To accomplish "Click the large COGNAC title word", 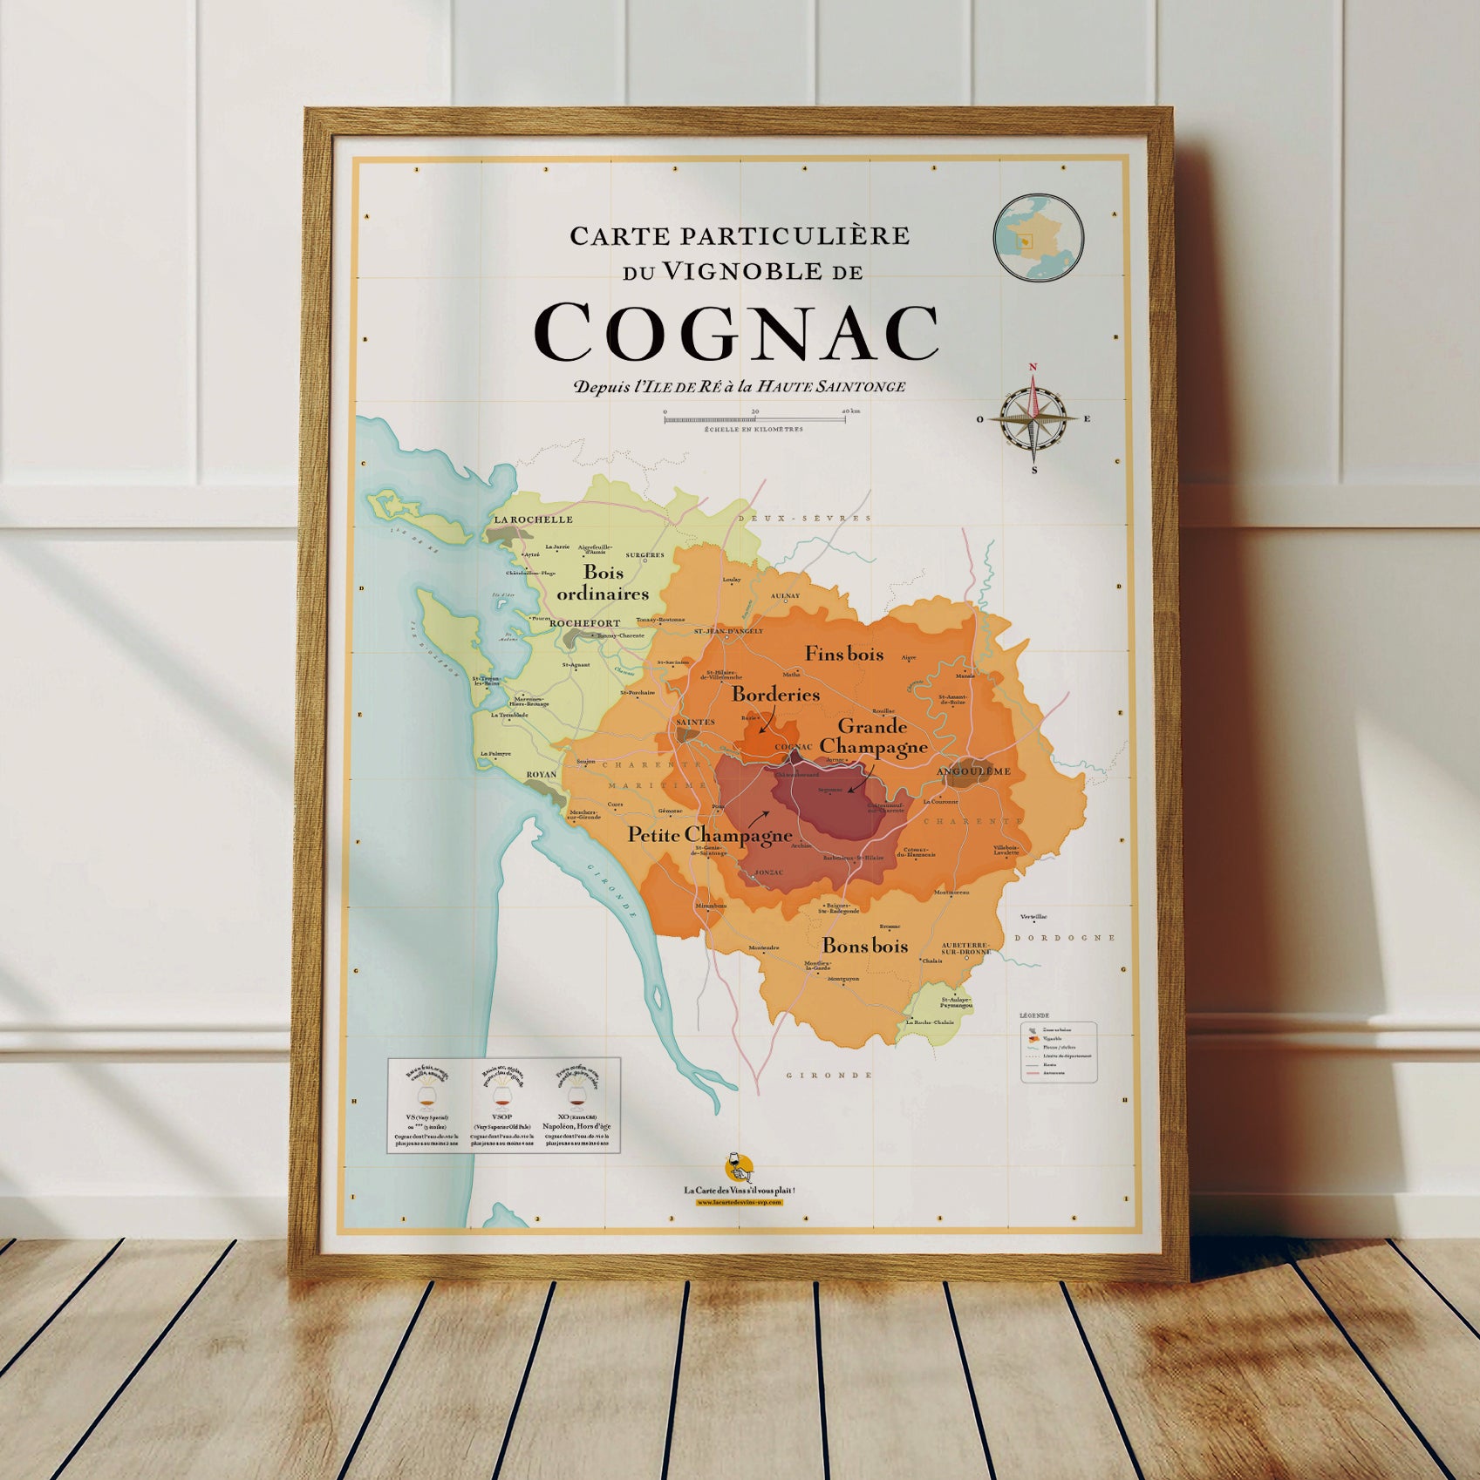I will tap(736, 333).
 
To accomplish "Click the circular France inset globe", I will tap(1038, 238).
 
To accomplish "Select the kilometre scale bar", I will tap(754, 419).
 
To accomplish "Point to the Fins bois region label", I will tap(843, 654).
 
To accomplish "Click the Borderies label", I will tap(775, 695).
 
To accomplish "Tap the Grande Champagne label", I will tap(873, 737).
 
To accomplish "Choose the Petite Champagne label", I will tap(709, 835).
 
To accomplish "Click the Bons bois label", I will tap(865, 946).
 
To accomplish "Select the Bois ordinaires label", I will tap(604, 583).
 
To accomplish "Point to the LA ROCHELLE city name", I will tap(534, 519).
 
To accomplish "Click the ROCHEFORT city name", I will tap(584, 623).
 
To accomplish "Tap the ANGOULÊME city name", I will tap(973, 771).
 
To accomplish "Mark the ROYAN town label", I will tap(541, 774).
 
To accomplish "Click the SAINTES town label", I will tap(695, 722).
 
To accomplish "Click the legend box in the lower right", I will tap(1058, 1052).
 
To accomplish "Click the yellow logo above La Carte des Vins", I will tap(738, 1166).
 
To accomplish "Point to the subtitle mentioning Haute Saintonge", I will tap(739, 386).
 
